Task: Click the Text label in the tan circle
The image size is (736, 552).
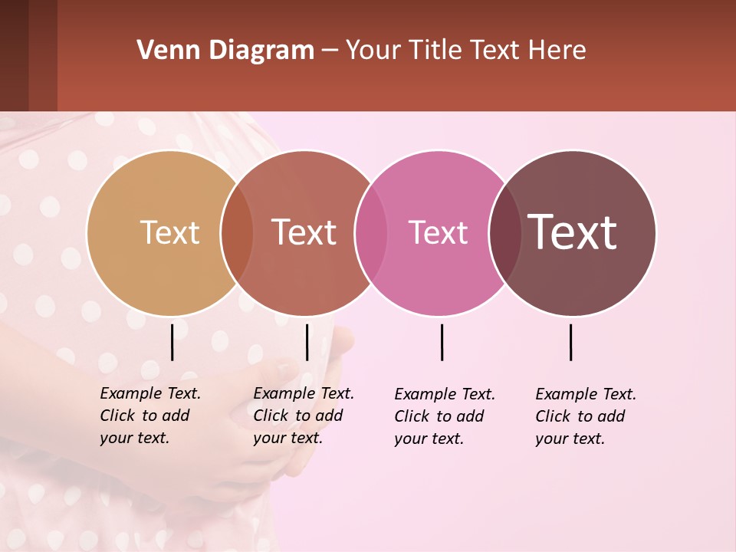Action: pyautogui.click(x=169, y=232)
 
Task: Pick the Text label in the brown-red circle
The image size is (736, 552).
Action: pyautogui.click(x=304, y=232)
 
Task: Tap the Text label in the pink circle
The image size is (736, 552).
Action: pyautogui.click(x=438, y=232)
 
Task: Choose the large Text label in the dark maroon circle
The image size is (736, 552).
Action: pyautogui.click(x=573, y=232)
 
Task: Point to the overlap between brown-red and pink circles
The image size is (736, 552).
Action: pyautogui.click(x=371, y=233)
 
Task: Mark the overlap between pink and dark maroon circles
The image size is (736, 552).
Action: pyautogui.click(x=504, y=233)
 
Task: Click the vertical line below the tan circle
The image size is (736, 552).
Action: pyautogui.click(x=172, y=342)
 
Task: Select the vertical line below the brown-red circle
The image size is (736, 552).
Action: pyautogui.click(x=307, y=342)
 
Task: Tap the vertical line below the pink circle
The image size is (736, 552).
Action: pyautogui.click(x=442, y=342)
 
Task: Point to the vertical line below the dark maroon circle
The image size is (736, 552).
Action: pyautogui.click(x=570, y=342)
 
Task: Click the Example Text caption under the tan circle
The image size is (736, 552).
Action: pyautogui.click(x=150, y=416)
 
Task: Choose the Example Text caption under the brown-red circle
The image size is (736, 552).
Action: pyautogui.click(x=304, y=416)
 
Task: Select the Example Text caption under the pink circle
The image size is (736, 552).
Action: pyautogui.click(x=445, y=416)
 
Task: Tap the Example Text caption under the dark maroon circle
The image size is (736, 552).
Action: pyautogui.click(x=586, y=416)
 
